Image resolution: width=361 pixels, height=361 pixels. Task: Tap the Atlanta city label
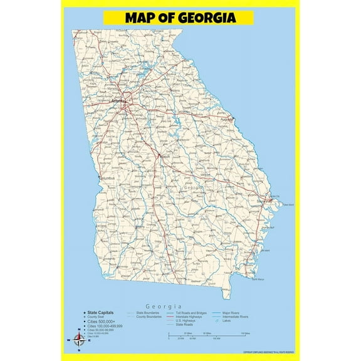[x=117, y=100]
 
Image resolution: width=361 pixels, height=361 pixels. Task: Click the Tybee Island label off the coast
[x=288, y=204]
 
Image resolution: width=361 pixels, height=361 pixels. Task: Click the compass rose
[x=78, y=340]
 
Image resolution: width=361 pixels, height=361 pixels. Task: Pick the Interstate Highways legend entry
[x=189, y=317]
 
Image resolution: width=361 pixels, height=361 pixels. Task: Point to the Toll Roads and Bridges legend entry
[x=191, y=311]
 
